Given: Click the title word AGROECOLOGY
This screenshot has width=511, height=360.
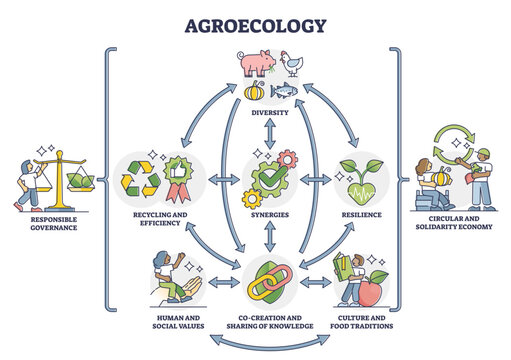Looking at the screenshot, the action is (255, 24).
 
